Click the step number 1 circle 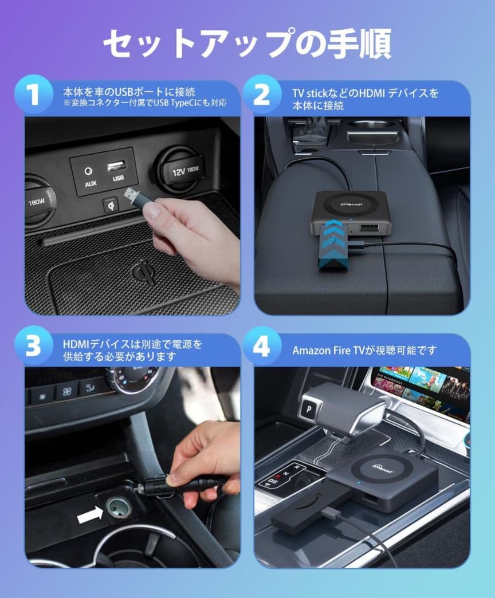(34, 94)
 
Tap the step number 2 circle (262, 94)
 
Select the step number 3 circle (34, 346)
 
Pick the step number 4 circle (262, 346)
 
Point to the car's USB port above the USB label (116, 166)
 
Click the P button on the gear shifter (309, 410)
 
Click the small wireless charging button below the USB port (111, 205)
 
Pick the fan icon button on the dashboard (66, 391)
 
